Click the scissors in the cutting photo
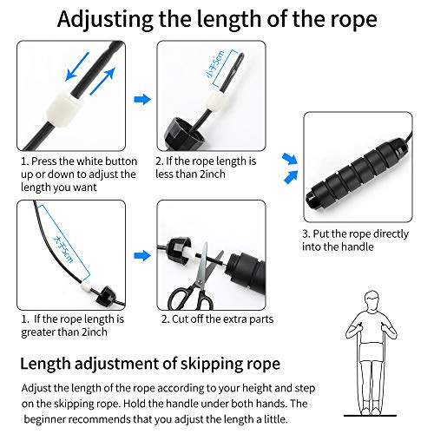coord(189,286)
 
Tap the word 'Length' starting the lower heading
coord(53,361)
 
